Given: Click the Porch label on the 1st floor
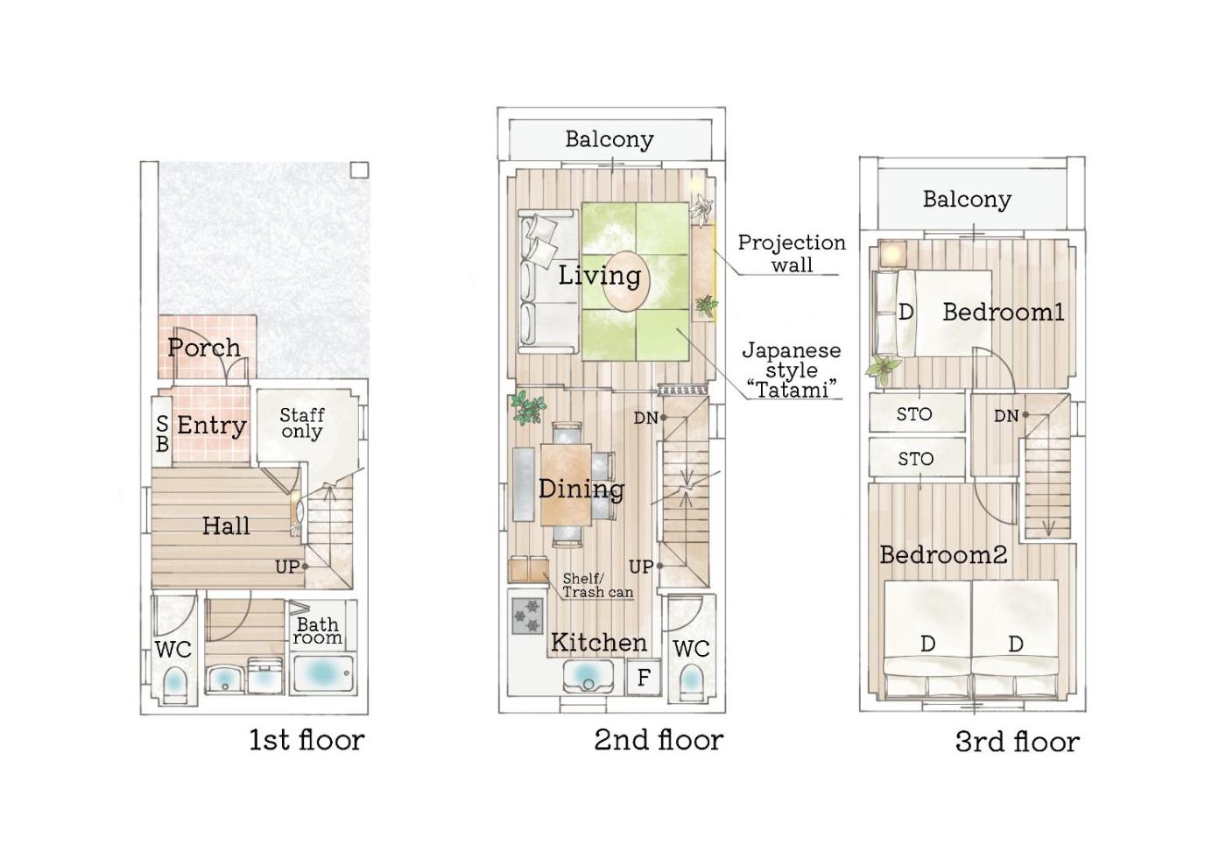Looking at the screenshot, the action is pyautogui.click(x=204, y=348).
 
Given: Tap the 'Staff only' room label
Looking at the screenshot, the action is pyautogui.click(x=301, y=423).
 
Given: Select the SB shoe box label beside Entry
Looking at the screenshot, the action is pyautogui.click(x=162, y=433).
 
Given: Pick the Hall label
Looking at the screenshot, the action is pyautogui.click(x=226, y=526).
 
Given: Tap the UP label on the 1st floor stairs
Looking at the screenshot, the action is pyautogui.click(x=287, y=567).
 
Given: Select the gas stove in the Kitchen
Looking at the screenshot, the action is pyautogui.click(x=527, y=616).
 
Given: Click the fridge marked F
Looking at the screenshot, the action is pyautogui.click(x=644, y=678).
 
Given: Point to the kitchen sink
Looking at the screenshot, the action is pyautogui.click(x=588, y=676).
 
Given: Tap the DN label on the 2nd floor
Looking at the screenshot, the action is pyautogui.click(x=646, y=418).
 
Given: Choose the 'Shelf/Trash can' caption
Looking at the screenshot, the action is pyautogui.click(x=597, y=585).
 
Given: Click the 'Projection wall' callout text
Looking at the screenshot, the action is pyautogui.click(x=792, y=253).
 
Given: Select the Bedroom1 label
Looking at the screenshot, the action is pyautogui.click(x=1004, y=312).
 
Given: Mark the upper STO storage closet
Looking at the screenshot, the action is pyautogui.click(x=918, y=413).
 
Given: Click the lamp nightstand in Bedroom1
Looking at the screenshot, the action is pyautogui.click(x=893, y=255).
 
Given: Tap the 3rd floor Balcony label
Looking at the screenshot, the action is pyautogui.click(x=967, y=199).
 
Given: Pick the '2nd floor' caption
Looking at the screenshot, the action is pyautogui.click(x=659, y=740).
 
